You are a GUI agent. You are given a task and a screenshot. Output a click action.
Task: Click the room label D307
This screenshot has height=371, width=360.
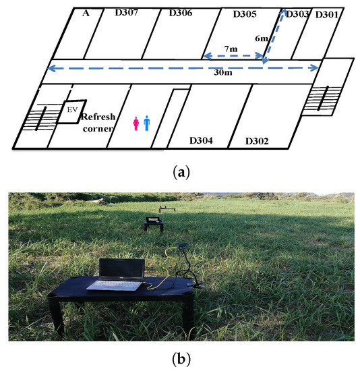[124, 12]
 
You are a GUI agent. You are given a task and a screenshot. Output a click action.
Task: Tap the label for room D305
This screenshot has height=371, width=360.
[245, 13]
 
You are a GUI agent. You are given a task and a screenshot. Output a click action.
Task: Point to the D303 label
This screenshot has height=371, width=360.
[299, 14]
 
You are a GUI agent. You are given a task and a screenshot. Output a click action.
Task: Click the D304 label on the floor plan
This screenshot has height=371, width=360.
[201, 140]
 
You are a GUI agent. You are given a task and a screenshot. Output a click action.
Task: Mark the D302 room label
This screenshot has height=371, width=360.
[257, 141]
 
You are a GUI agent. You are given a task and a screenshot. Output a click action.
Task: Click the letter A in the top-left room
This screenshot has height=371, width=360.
[85, 11]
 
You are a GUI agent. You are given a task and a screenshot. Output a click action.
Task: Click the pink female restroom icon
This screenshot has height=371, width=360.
[136, 123]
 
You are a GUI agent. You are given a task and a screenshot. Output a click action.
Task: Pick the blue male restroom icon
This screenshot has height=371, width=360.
[147, 123]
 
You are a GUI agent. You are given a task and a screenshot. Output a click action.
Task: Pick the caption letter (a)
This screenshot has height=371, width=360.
[180, 173]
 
